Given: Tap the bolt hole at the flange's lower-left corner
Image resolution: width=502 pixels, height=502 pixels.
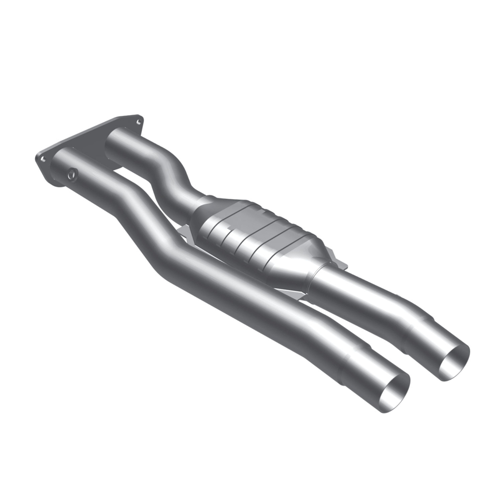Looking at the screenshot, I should tap(43, 159).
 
